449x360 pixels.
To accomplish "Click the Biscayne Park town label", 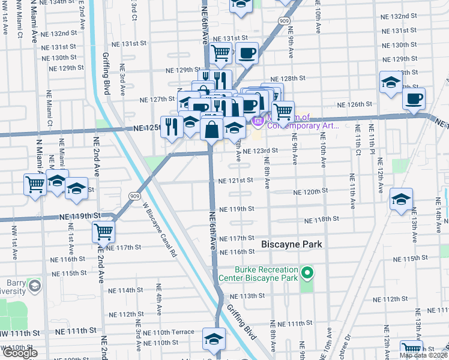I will coord(292,244).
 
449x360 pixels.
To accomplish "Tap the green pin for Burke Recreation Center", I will coord(307,274).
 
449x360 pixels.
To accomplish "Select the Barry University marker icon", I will coord(34,284).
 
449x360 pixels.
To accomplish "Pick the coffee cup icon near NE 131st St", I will coord(246,54).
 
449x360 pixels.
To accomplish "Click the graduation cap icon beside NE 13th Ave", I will coord(401,200).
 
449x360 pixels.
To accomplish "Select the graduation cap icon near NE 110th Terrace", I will coord(214,339).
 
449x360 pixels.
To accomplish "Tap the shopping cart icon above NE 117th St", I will coord(104,232).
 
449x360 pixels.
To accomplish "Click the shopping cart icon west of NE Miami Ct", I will coord(35,184).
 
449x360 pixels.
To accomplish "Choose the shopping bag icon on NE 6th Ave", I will coord(212,129).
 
